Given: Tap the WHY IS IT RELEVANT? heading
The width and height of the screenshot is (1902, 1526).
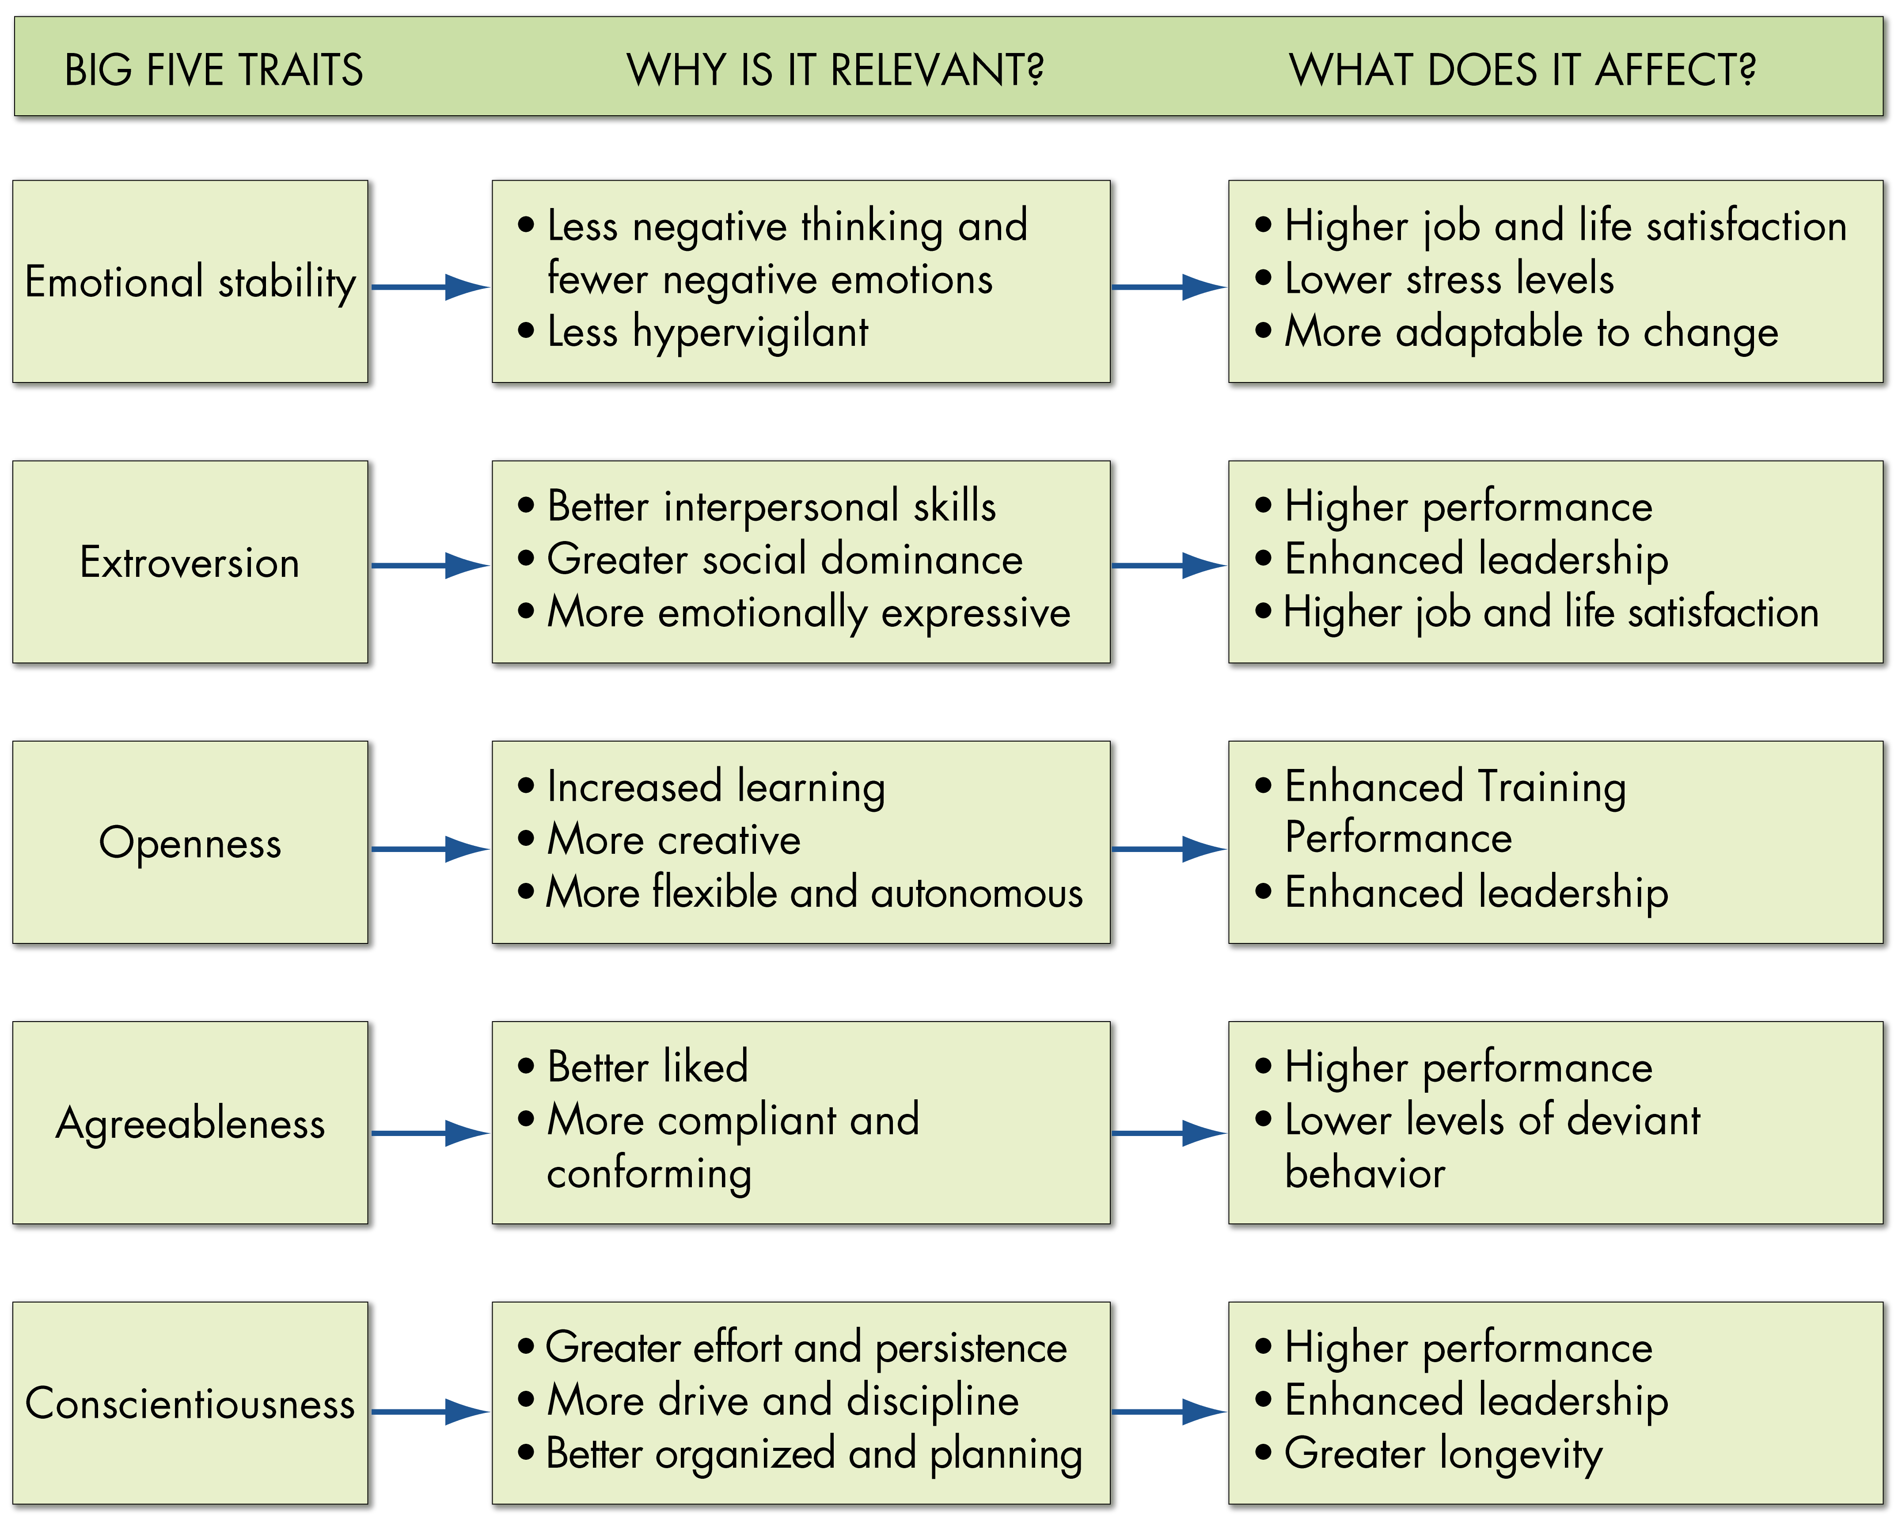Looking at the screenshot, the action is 835,70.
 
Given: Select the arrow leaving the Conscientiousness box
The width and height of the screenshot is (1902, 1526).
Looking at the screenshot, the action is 429,1411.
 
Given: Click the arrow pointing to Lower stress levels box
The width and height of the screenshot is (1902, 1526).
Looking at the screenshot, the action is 1168,287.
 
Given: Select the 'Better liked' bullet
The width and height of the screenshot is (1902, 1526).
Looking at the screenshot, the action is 647,1068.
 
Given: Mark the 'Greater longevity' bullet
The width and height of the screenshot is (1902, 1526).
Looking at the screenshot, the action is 1443,1454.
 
